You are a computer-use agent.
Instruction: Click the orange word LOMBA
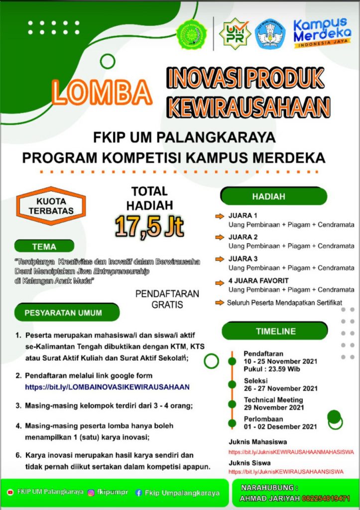pyautogui.click(x=101, y=93)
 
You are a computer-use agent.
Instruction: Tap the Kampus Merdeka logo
pyautogui.click(x=320, y=33)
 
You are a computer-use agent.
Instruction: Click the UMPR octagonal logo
pyautogui.click(x=235, y=34)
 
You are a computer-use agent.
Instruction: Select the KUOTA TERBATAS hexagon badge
pyautogui.click(x=51, y=206)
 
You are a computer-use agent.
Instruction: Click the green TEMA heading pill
pyautogui.click(x=44, y=246)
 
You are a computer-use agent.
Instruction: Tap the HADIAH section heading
pyautogui.click(x=268, y=196)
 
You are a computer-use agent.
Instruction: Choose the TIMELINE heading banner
pyautogui.click(x=275, y=331)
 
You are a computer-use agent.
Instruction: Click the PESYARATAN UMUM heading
pyautogui.click(x=63, y=313)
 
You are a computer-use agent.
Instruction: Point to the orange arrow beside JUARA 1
pyautogui.click(x=220, y=216)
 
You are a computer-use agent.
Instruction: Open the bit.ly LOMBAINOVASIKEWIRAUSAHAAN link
pyautogui.click(x=108, y=386)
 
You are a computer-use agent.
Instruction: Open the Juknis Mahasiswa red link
pyautogui.click(x=291, y=452)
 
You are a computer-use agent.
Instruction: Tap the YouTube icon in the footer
pyautogui.click(x=10, y=492)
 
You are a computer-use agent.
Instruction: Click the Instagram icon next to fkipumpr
pyautogui.click(x=91, y=493)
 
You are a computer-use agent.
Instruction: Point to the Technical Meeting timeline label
pyautogui.click(x=273, y=400)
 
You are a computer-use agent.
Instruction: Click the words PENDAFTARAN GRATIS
pyautogui.click(x=167, y=299)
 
